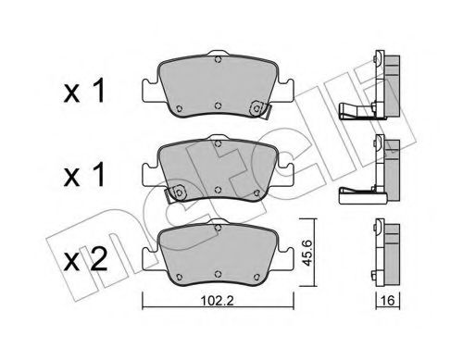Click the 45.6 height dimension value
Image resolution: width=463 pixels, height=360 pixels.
click(318, 253)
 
